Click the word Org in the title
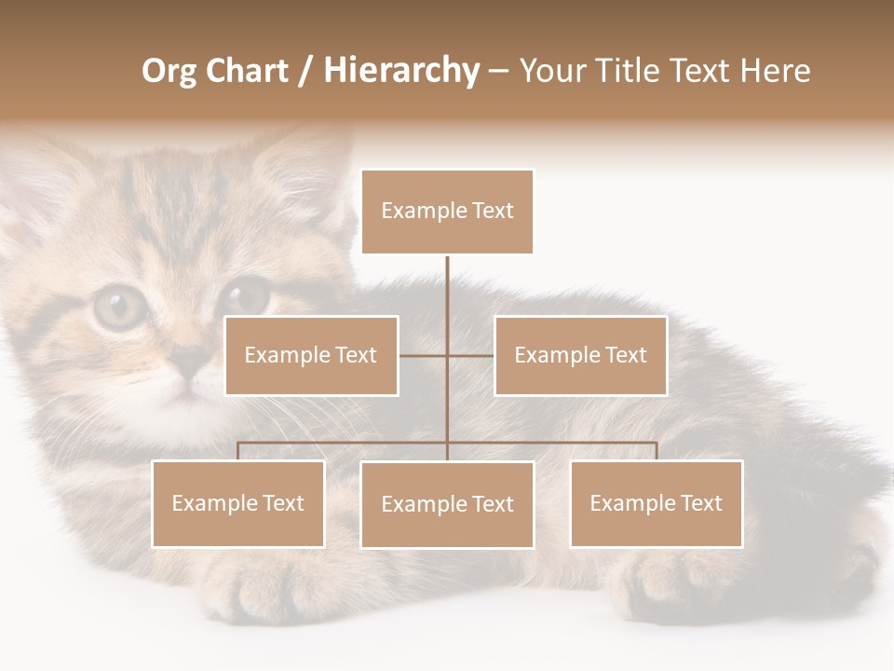pos(169,72)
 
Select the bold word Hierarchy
pos(401,72)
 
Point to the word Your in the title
pos(553,72)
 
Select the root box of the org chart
pos(447,212)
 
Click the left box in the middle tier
pos(311,355)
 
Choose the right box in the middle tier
pos(580,355)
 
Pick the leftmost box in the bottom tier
pos(238,503)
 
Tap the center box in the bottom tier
pos(447,504)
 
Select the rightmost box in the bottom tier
pos(656,503)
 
